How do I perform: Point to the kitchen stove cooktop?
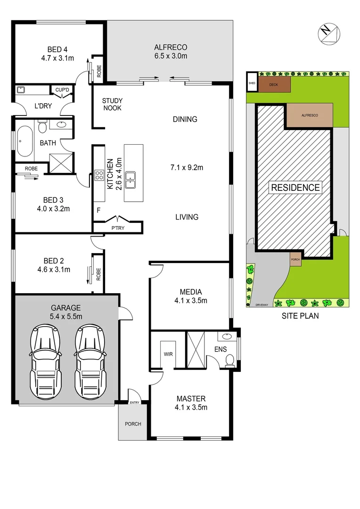(x=99, y=176)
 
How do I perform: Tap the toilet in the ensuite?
(x=229, y=360)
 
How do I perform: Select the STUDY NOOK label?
(x=112, y=104)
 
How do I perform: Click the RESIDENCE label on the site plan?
(x=295, y=187)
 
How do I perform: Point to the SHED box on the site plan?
(x=251, y=83)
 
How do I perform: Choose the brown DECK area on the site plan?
(x=273, y=85)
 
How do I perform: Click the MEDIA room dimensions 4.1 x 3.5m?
(x=190, y=300)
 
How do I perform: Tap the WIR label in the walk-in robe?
(x=169, y=353)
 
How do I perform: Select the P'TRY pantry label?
(x=118, y=228)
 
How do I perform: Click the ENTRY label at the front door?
(x=135, y=402)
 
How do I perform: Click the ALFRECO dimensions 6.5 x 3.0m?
(x=171, y=57)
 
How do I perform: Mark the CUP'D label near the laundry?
(x=62, y=90)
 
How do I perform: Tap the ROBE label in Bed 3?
(x=31, y=168)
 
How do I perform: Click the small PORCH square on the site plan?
(x=295, y=259)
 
